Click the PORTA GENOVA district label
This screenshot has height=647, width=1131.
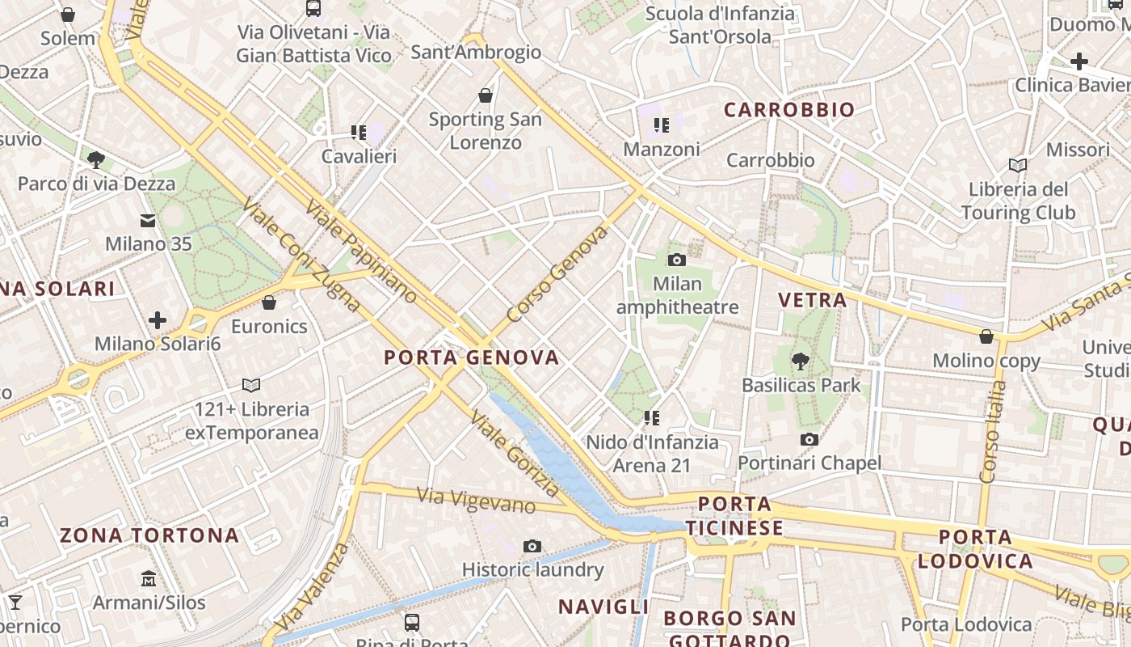click(471, 357)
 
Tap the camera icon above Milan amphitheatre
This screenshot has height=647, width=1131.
click(677, 260)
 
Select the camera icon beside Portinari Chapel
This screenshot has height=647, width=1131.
click(809, 439)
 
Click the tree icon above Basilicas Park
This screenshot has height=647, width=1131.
click(801, 361)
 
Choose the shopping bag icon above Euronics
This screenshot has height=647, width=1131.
click(269, 302)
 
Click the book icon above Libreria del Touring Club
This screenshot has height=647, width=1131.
click(1018, 165)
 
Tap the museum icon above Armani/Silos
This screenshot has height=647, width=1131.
click(149, 579)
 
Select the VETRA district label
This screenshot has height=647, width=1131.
click(812, 300)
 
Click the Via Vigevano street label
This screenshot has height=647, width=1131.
click(476, 501)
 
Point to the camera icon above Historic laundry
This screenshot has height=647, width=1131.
click(532, 546)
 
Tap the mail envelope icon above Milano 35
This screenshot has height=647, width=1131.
click(148, 220)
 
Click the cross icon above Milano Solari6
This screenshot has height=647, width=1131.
click(158, 320)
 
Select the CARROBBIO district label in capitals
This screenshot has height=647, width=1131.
click(788, 110)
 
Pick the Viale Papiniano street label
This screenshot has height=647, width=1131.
click(361, 251)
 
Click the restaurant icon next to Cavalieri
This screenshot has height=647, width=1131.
click(359, 132)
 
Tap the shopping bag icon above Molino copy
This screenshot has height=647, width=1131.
click(986, 336)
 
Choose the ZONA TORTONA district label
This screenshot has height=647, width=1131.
click(149, 535)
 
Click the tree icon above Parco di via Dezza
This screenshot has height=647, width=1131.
click(96, 159)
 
